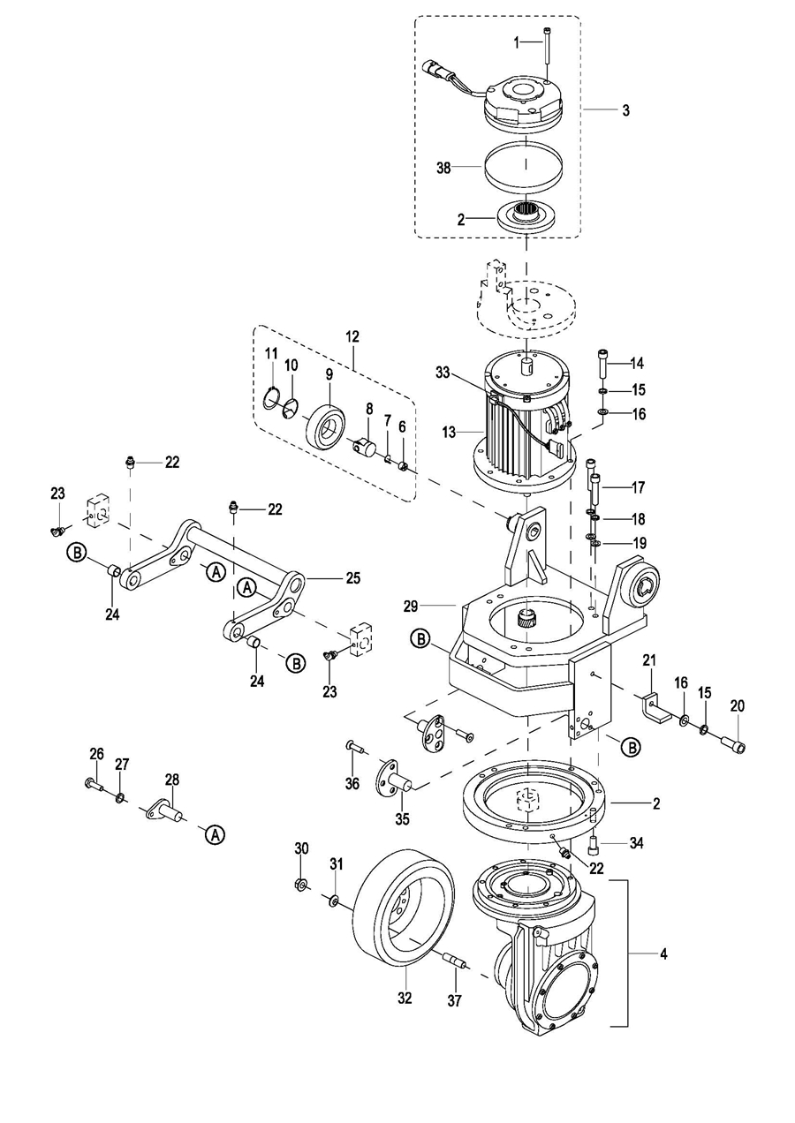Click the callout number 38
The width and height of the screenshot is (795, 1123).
point(443,168)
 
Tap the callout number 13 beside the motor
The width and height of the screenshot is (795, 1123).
point(450,432)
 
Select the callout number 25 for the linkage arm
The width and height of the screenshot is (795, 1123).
point(353,578)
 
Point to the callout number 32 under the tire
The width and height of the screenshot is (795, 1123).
point(405,999)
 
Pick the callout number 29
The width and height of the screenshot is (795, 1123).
point(410,607)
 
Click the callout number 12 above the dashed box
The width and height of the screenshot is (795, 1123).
point(352,337)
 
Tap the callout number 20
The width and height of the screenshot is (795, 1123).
point(738,706)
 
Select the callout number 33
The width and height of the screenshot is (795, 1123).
point(443,373)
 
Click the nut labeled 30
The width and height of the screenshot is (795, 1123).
point(301,883)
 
